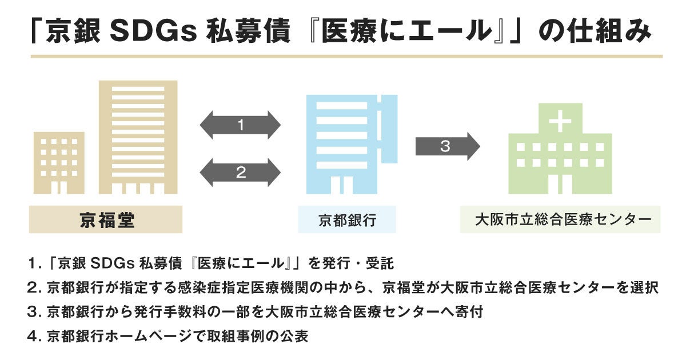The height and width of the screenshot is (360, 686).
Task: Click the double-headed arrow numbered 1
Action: pos(241,125)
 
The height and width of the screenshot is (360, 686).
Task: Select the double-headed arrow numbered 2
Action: pos(241,172)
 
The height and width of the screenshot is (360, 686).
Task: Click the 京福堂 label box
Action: pos(106,220)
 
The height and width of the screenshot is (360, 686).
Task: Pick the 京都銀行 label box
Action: pos(347,220)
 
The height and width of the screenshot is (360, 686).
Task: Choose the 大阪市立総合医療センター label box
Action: pos(560,220)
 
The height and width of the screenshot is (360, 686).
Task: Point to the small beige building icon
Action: pos(59,163)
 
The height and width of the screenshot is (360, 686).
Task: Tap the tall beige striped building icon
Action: pos(138,137)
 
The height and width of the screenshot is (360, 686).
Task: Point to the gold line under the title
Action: pos(346,57)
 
